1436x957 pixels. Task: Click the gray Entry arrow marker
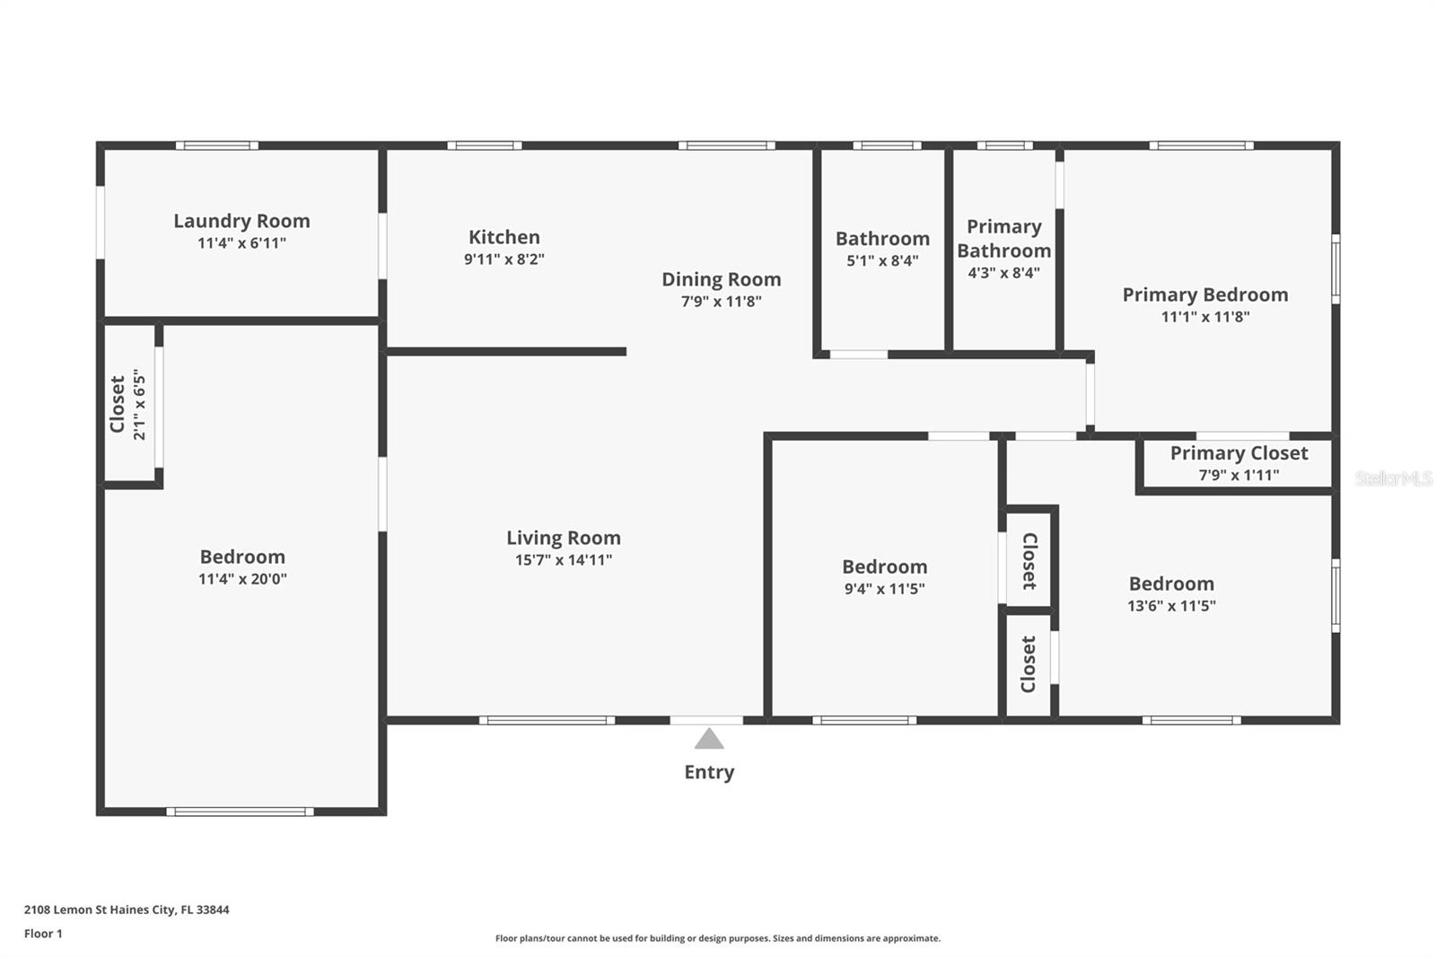click(x=709, y=739)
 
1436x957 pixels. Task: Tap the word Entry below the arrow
click(x=709, y=772)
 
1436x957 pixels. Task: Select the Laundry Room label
click(x=241, y=221)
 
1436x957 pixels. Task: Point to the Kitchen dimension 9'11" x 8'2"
click(x=503, y=259)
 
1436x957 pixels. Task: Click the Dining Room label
click(x=722, y=279)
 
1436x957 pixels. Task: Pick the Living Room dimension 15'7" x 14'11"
click(x=564, y=560)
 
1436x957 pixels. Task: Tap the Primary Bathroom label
click(x=1004, y=238)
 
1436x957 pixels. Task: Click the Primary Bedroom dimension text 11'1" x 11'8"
click(x=1205, y=317)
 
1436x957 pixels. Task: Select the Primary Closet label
click(x=1239, y=452)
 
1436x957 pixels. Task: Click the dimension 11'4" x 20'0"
click(x=242, y=579)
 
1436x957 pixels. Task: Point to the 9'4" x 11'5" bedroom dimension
click(x=885, y=589)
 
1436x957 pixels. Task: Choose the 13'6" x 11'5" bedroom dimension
click(x=1171, y=606)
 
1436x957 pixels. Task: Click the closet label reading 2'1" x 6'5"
click(x=139, y=404)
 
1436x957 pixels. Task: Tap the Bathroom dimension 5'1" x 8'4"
click(x=882, y=261)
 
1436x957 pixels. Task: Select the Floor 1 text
click(x=44, y=934)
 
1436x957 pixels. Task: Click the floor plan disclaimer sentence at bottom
click(x=718, y=938)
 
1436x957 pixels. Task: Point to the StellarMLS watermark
click(x=1394, y=478)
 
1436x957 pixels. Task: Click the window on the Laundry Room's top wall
click(x=217, y=145)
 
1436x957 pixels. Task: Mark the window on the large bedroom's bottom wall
click(x=240, y=812)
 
